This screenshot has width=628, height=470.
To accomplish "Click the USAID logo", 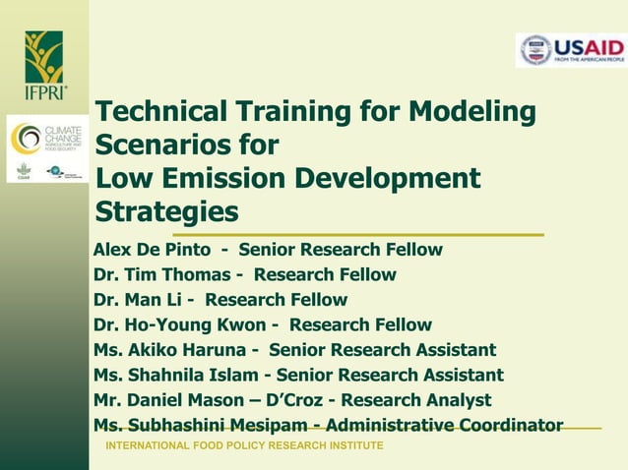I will (570, 50).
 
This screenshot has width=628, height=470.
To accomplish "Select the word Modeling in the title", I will (472, 111).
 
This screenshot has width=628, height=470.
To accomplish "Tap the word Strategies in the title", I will (166, 212).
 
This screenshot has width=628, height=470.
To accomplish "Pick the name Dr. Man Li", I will (137, 300).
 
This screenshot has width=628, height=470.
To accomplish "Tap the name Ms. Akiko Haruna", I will (172, 350).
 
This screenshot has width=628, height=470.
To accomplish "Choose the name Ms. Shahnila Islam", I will (177, 376).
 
